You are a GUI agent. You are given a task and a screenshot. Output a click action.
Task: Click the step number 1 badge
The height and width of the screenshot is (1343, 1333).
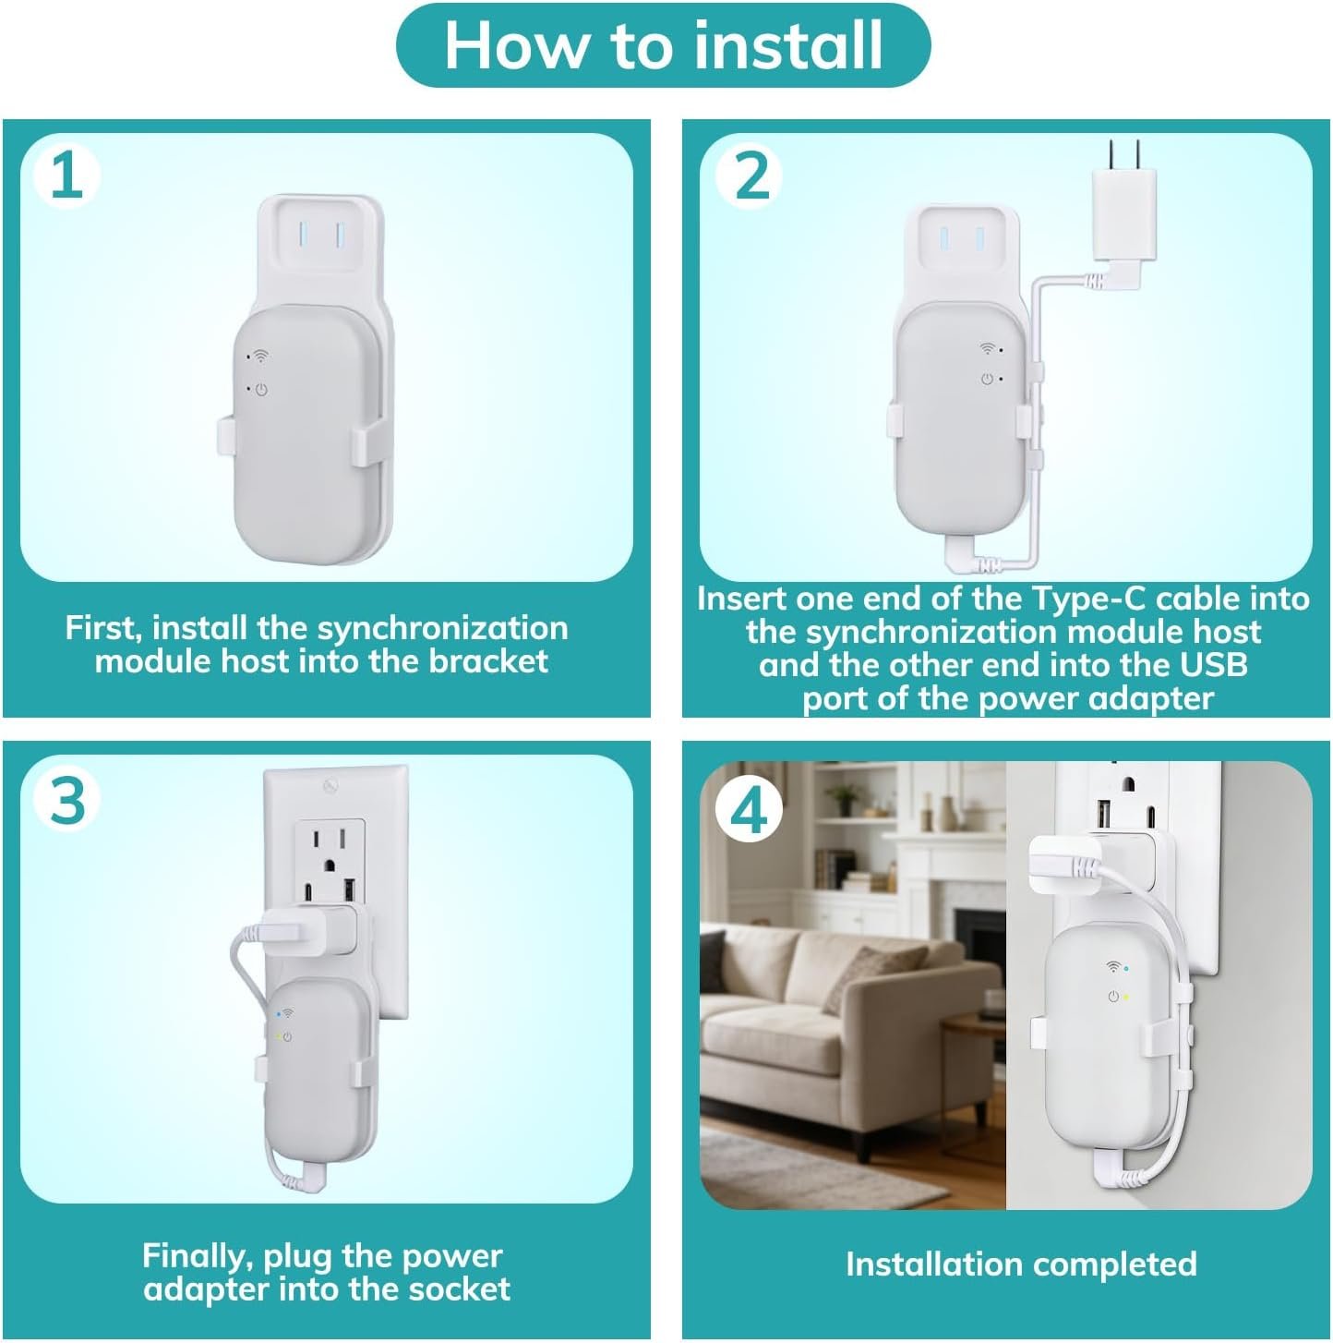pyautogui.click(x=66, y=175)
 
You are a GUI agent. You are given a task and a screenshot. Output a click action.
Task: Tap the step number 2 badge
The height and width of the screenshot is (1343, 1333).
pyautogui.click(x=750, y=175)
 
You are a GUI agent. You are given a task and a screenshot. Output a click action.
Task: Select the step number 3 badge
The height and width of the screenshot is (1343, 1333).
pyautogui.click(x=66, y=800)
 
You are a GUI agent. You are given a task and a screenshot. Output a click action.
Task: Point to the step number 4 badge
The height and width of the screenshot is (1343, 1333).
pyautogui.click(x=749, y=809)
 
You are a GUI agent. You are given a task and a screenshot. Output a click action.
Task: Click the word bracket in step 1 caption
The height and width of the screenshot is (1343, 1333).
pyautogui.click(x=487, y=661)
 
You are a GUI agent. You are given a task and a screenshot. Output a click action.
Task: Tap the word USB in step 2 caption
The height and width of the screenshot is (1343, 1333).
pyautogui.click(x=1213, y=665)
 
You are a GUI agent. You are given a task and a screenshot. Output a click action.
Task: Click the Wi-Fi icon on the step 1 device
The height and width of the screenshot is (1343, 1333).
pyautogui.click(x=260, y=357)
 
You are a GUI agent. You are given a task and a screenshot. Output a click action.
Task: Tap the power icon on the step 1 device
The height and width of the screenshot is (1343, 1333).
pyautogui.click(x=261, y=390)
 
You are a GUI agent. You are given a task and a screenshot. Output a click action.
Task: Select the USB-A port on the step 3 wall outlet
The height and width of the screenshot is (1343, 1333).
pyautogui.click(x=350, y=890)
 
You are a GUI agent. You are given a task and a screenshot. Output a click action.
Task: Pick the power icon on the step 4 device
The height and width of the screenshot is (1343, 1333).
pyautogui.click(x=1112, y=998)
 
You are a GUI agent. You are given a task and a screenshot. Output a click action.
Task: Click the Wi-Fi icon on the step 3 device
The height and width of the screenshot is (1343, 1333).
pyautogui.click(x=287, y=1012)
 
